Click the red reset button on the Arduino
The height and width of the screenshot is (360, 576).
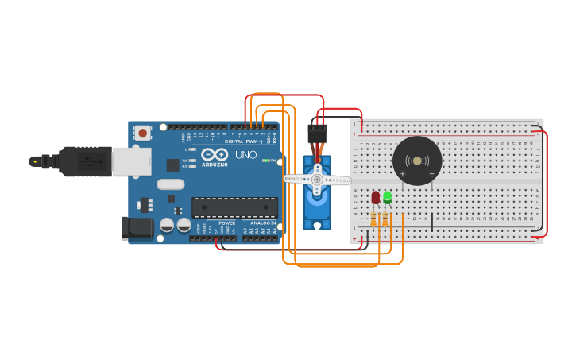click(142, 133)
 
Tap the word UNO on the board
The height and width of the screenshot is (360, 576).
click(245, 154)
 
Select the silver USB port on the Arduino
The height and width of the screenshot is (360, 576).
click(131, 161)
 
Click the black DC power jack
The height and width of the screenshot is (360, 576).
click(137, 228)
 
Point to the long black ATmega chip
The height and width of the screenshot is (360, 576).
click(234, 207)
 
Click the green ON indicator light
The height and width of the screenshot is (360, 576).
click(273, 161)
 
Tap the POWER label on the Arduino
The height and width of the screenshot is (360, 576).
click(227, 223)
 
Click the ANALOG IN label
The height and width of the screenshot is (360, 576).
click(262, 223)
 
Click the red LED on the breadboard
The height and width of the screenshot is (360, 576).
click(375, 197)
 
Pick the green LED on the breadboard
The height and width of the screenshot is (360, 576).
click(387, 196)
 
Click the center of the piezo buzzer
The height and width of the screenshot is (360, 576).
click(417, 161)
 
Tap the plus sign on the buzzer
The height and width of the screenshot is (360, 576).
click(403, 172)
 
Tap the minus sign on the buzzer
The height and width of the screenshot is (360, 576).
click(431, 172)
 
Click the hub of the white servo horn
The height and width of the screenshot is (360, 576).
click(317, 180)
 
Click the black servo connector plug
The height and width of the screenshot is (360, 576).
click(317, 133)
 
